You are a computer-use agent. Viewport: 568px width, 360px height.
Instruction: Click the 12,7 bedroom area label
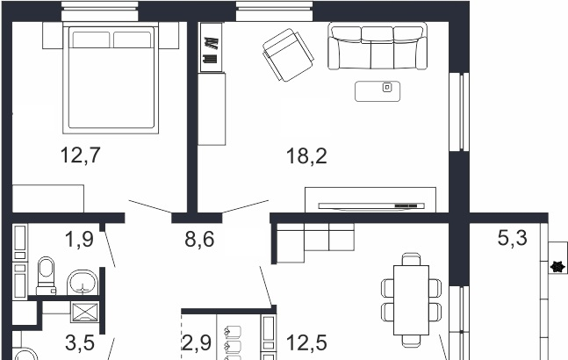click(80, 155)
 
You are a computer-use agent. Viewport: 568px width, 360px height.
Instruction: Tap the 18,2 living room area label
click(306, 156)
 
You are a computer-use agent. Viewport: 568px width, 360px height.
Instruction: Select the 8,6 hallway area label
click(199, 240)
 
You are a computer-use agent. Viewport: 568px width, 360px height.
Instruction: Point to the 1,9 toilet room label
click(79, 240)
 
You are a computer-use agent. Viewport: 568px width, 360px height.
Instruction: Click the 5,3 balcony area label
click(512, 238)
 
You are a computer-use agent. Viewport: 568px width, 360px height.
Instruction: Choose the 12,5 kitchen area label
click(306, 342)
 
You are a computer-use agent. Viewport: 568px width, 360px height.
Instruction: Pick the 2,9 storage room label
click(196, 342)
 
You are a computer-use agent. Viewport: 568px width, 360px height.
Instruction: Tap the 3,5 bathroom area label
click(80, 343)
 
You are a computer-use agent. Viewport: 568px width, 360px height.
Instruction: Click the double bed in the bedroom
click(111, 78)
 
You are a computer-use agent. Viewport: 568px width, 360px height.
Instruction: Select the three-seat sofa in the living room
click(377, 46)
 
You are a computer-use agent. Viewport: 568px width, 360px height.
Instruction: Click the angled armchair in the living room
click(288, 55)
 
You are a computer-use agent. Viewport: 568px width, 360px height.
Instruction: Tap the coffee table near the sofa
click(377, 91)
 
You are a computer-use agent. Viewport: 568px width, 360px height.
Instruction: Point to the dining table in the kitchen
click(411, 300)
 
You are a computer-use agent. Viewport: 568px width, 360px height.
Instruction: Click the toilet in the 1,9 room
click(46, 276)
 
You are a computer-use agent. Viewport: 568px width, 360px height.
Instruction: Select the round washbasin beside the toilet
click(83, 283)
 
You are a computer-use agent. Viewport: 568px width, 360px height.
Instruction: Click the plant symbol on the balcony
click(557, 267)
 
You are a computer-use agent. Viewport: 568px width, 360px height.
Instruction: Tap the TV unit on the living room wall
click(370, 200)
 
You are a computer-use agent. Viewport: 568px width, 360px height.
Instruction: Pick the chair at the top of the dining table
click(411, 259)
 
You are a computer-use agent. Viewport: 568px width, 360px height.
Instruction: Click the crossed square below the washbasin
click(85, 313)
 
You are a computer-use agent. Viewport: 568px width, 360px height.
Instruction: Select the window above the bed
click(99, 11)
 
